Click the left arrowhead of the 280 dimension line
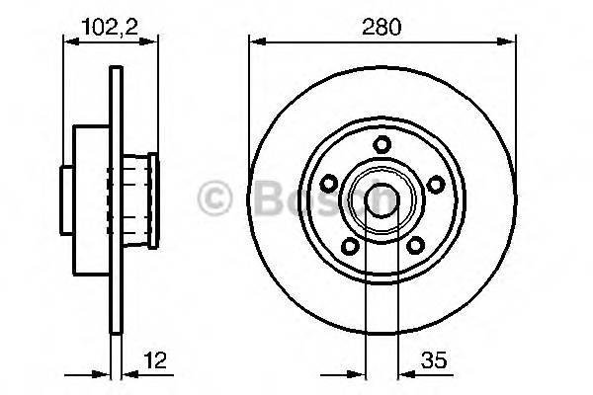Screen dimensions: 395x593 click(x=254, y=42)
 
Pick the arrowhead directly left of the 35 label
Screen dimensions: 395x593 click(x=398, y=375)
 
